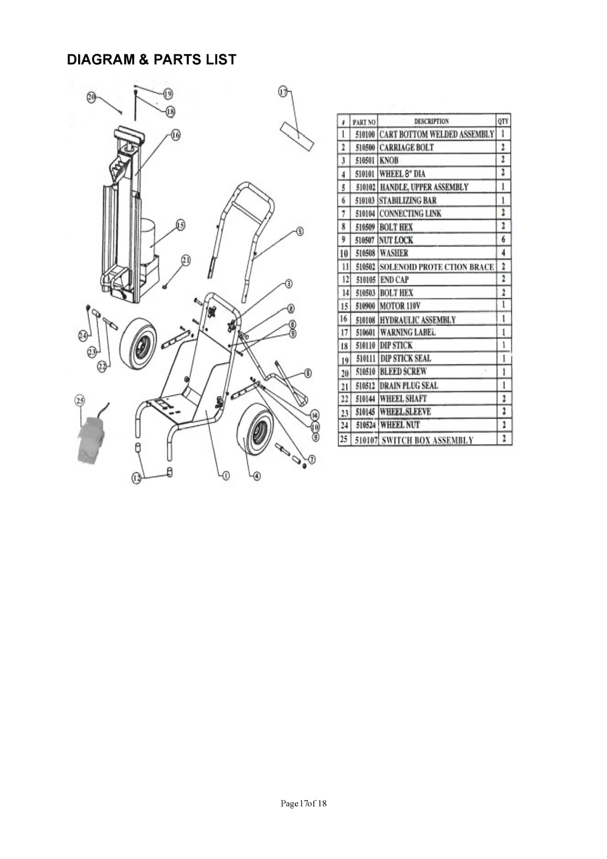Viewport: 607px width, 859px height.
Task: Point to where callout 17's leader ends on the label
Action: [298, 138]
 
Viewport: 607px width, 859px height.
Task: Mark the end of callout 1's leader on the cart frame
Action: [206, 410]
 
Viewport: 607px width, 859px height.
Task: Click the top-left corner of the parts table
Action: [337, 114]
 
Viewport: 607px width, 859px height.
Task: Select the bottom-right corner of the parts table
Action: [511, 445]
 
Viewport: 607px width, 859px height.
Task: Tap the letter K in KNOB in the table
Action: [382, 160]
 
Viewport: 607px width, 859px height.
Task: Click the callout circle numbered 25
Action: [80, 401]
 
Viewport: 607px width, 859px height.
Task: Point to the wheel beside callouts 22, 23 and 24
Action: [138, 342]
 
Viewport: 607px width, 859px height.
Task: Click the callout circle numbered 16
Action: [175, 135]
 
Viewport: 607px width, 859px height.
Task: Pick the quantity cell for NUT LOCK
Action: [504, 239]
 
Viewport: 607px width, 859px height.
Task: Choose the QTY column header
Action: [503, 121]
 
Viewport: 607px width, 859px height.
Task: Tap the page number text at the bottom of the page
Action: [303, 803]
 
